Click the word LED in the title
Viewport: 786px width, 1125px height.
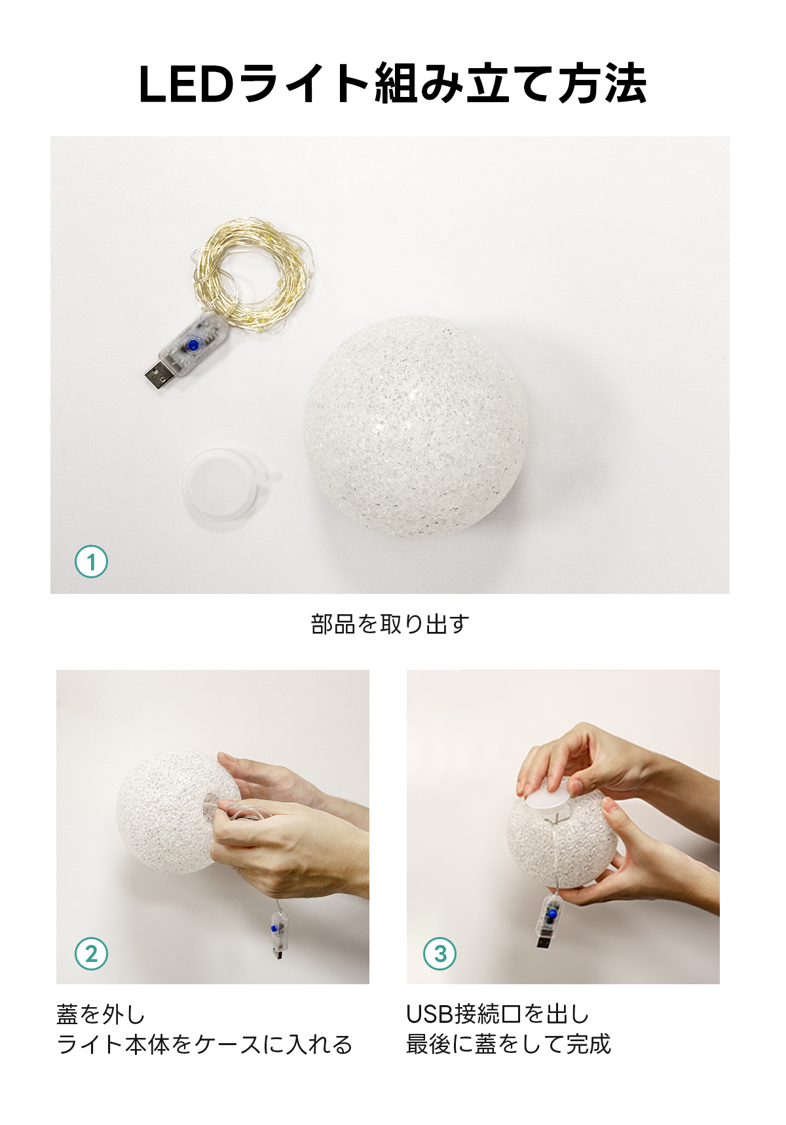(x=186, y=84)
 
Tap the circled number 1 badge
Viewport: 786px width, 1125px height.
(x=91, y=561)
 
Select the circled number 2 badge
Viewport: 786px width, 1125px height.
(x=91, y=953)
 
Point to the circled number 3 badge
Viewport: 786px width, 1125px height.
(x=440, y=953)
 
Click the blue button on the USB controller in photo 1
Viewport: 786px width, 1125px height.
(x=193, y=345)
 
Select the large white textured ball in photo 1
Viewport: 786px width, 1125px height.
(x=415, y=427)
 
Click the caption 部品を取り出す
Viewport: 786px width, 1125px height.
(x=390, y=624)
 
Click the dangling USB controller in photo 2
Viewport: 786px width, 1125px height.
(x=278, y=933)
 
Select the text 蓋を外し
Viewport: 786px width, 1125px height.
(x=101, y=1014)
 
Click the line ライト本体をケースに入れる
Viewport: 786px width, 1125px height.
(x=204, y=1044)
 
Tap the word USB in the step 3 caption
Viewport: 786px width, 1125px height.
(x=430, y=1014)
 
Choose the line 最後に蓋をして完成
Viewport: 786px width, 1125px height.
(x=508, y=1044)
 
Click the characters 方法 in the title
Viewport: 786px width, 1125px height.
(x=602, y=84)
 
